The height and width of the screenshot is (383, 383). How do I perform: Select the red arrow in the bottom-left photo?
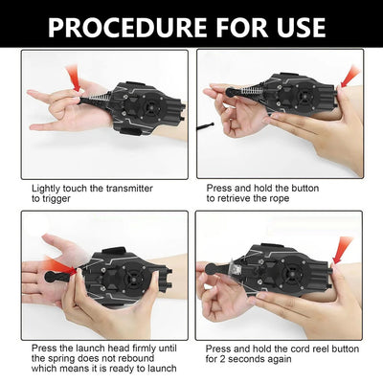[x=61, y=267]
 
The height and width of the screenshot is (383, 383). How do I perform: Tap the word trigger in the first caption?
[x=56, y=199]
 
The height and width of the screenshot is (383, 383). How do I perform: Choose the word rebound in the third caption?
[x=137, y=358]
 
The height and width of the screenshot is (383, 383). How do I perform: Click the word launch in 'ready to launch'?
[x=162, y=369]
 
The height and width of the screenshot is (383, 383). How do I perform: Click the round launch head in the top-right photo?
[x=231, y=92]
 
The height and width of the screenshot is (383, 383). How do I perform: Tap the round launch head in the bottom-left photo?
[x=50, y=276]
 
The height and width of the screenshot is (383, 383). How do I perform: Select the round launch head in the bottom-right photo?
[x=211, y=269]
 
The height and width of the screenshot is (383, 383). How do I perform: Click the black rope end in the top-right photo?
[x=205, y=126]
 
